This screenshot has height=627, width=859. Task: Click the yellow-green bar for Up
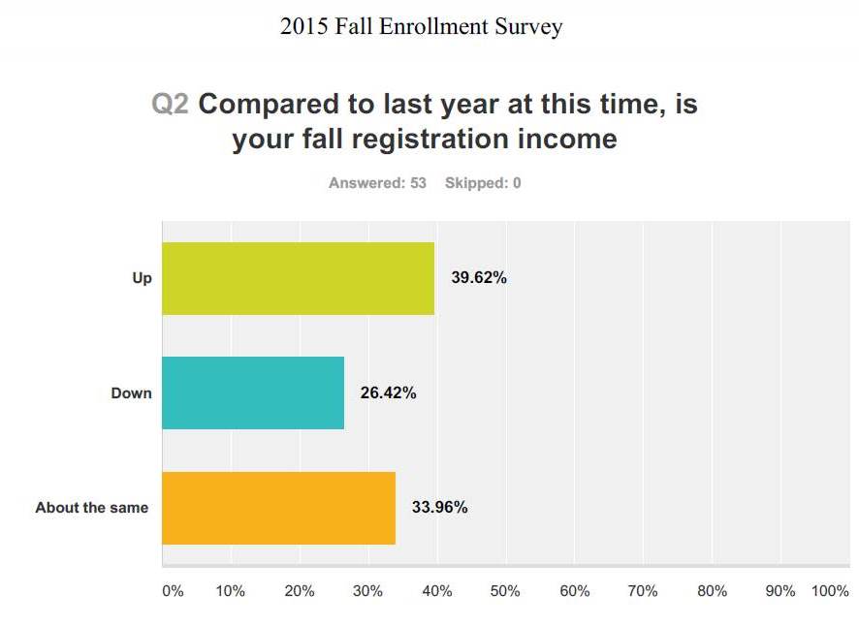coord(298,278)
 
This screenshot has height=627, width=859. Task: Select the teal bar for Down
coord(252,392)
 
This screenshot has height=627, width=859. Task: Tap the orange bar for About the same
coord(278,507)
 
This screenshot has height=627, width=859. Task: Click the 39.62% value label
coord(479,278)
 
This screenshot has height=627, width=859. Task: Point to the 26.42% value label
coord(389,392)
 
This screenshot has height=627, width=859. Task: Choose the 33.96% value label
coord(440,507)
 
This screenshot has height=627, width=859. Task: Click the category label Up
coord(143,278)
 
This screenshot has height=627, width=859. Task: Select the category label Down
coord(131,393)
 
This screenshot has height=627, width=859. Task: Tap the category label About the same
coord(92,507)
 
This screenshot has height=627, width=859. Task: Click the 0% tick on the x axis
coord(172,591)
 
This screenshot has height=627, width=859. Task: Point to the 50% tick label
coord(505,591)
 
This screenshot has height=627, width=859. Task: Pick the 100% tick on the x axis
coord(830,591)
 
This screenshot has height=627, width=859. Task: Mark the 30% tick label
coord(367,591)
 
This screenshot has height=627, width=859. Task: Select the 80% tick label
coord(712,591)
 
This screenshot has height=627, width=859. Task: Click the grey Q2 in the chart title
coord(171,105)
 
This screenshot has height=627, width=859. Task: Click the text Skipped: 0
coord(483,182)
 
